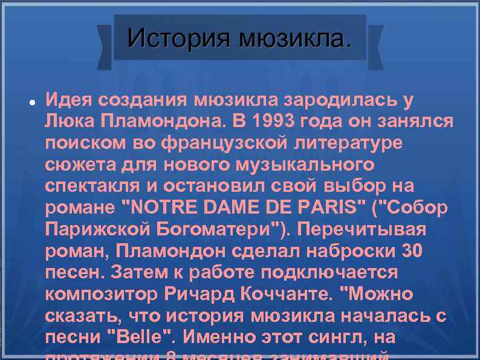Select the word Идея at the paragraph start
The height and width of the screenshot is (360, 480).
pyautogui.click(x=66, y=99)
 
